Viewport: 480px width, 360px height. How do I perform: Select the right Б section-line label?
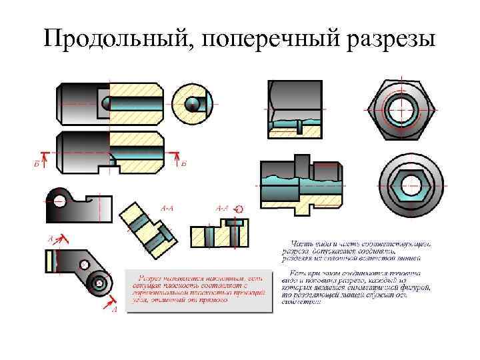(183, 163)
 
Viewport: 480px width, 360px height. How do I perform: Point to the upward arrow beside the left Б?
(43, 156)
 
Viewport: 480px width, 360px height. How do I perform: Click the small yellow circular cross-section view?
(192, 103)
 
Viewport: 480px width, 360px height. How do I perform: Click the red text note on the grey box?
(199, 288)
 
